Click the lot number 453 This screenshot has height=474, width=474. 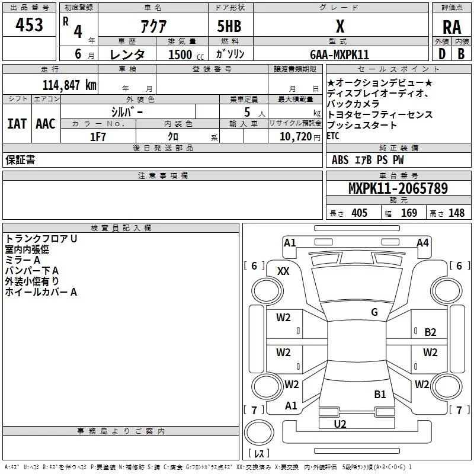(29, 24)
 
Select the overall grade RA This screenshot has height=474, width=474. (451, 27)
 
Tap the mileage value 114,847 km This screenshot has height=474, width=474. (69, 85)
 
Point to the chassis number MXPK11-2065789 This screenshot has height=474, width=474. (398, 188)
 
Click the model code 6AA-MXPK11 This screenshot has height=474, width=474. (340, 55)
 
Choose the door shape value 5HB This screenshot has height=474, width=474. (229, 26)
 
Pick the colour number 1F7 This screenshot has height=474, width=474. (98, 137)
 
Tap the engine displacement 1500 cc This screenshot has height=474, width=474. (186, 55)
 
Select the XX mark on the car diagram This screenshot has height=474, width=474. (283, 271)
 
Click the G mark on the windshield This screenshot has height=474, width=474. (374, 312)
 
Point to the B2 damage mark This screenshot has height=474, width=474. (430, 332)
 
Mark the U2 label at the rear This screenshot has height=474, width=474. (340, 424)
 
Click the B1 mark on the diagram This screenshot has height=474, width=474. (380, 394)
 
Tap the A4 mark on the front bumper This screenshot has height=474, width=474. (422, 243)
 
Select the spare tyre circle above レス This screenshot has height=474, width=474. (259, 433)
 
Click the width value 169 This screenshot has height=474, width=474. (409, 213)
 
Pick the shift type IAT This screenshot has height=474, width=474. (17, 124)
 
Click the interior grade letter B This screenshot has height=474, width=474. (461, 54)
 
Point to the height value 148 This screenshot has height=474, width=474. (456, 213)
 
